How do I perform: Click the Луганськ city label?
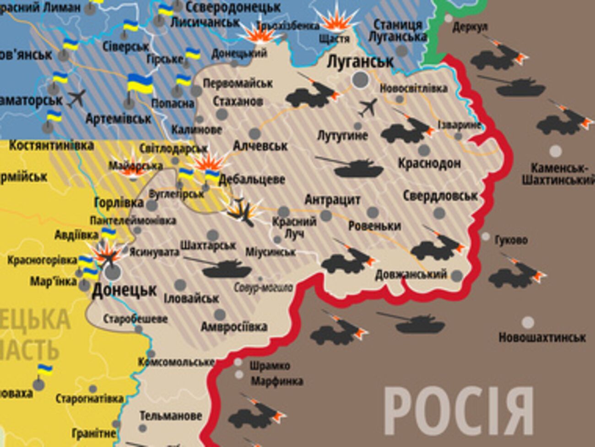pyautogui.click(x=360, y=62)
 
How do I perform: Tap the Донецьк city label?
pyautogui.click(x=124, y=290)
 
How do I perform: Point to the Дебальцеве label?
pyautogui.click(x=252, y=179)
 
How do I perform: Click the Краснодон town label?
pyautogui.click(x=429, y=163)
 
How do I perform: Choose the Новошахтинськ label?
pyautogui.click(x=542, y=338)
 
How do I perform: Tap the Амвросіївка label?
pyautogui.click(x=234, y=327)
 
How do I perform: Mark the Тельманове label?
pyautogui.click(x=170, y=416)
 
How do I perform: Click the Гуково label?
pyautogui.click(x=511, y=240)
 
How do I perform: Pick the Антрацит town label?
pyautogui.click(x=333, y=200)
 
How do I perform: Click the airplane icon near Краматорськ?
pyautogui.click(x=76, y=98)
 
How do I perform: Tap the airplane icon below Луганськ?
pyautogui.click(x=368, y=107)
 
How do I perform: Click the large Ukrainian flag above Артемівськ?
pyautogui.click(x=140, y=85)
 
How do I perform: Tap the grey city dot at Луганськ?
pyautogui.click(x=361, y=80)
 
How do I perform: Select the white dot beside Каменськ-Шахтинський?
pyautogui.click(x=555, y=151)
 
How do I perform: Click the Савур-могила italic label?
pyautogui.click(x=263, y=288)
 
